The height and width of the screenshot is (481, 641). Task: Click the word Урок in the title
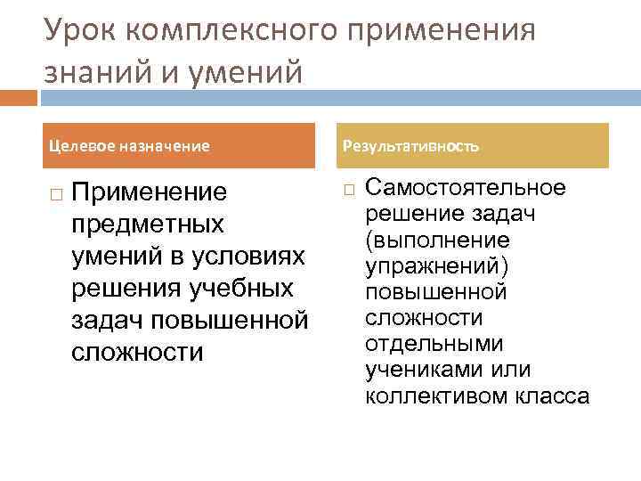pyautogui.click(x=81, y=31)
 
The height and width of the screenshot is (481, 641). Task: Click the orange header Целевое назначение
pyautogui.click(x=129, y=145)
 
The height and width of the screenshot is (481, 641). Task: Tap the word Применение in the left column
pyautogui.click(x=149, y=192)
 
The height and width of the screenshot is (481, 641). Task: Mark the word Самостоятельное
pyautogui.click(x=465, y=188)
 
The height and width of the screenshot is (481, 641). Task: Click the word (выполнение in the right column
pyautogui.click(x=436, y=240)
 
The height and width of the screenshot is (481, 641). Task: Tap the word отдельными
pyautogui.click(x=434, y=344)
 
